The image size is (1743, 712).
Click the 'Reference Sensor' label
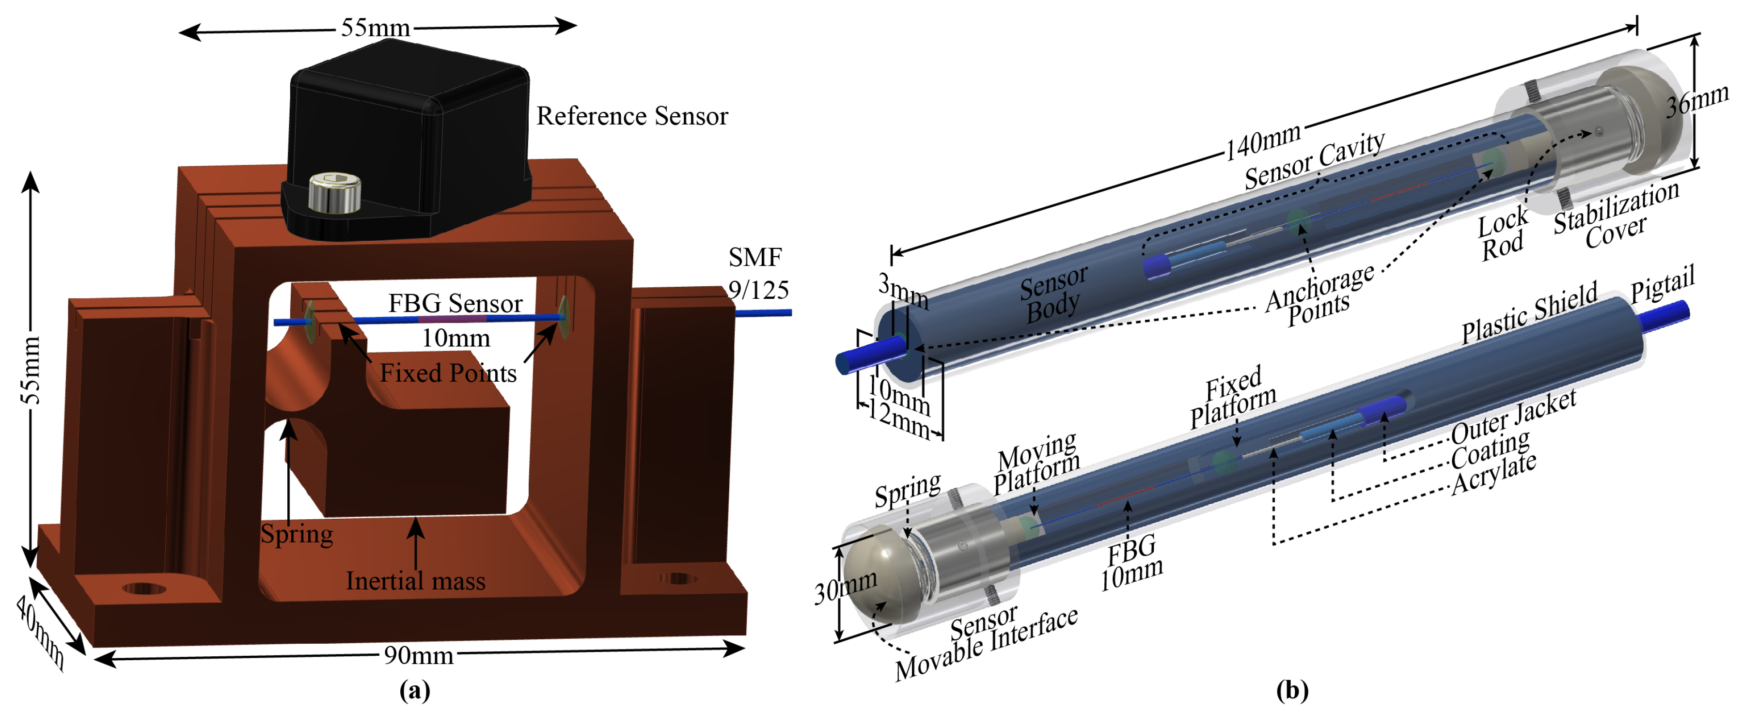pos(631,116)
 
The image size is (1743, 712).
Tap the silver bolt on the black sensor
pos(335,193)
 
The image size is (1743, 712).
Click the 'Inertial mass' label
pos(415,581)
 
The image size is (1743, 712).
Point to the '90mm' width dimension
pos(418,654)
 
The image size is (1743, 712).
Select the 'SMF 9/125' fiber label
pos(757,274)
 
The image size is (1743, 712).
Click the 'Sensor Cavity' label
pos(1314,160)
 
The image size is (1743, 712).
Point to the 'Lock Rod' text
pos(1502,233)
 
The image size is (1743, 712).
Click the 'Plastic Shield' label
pos(1529,312)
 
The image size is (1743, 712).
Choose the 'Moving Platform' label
pos(1036,463)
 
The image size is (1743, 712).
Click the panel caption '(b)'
pos(1292,690)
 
